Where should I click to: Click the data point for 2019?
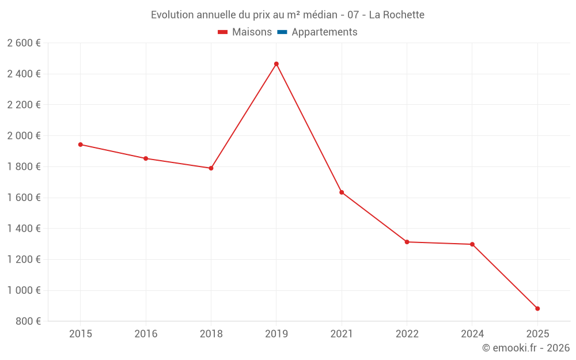click(276, 64)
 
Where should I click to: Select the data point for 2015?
click(81, 145)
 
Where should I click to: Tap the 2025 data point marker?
click(537, 309)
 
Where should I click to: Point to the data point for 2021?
click(342, 192)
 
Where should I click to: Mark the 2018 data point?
click(211, 168)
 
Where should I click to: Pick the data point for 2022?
click(407, 242)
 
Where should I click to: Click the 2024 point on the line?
click(472, 244)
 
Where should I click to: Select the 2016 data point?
click(146, 158)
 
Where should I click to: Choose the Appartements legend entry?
click(324, 32)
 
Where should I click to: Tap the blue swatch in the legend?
click(282, 32)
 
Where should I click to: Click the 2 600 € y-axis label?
click(24, 43)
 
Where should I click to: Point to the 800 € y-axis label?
click(28, 321)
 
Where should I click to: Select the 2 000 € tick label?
click(24, 136)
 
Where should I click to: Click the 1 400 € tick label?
click(24, 229)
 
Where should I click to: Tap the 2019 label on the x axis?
click(276, 334)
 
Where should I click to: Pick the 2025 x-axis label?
click(537, 334)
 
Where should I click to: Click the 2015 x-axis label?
click(81, 334)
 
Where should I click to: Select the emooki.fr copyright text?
click(525, 348)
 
